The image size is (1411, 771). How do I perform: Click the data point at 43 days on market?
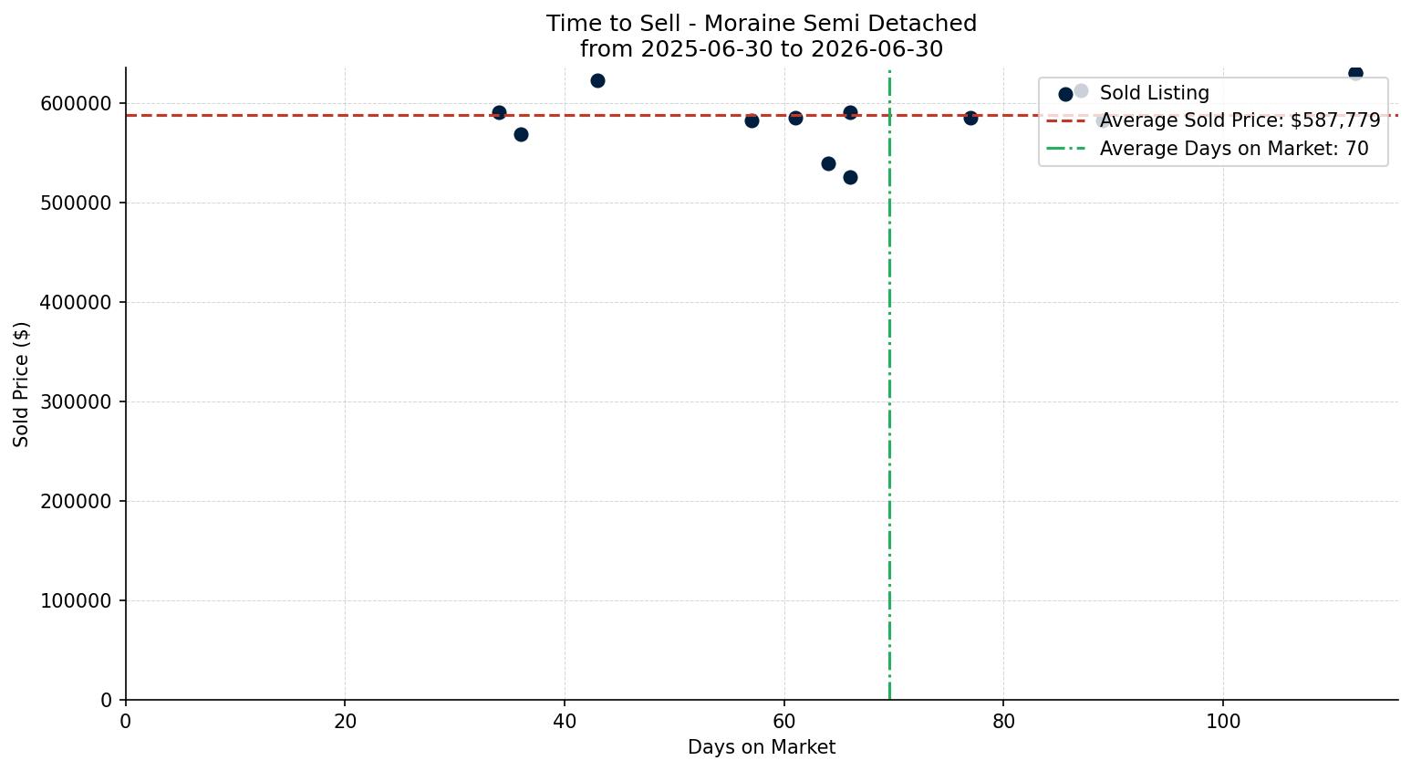[x=597, y=80]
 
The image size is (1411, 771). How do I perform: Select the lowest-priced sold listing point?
[x=850, y=178]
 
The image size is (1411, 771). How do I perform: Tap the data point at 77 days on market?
[x=970, y=118]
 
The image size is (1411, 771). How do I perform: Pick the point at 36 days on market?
[x=521, y=135]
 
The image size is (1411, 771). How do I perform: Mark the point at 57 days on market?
[x=752, y=121]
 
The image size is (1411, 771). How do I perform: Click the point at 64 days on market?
[x=828, y=163]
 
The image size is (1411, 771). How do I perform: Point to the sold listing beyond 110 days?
[x=1355, y=73]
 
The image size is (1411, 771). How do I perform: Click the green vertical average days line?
[x=889, y=385]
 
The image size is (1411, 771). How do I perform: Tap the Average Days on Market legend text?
[x=1234, y=149]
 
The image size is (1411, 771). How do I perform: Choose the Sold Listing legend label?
[x=1155, y=93]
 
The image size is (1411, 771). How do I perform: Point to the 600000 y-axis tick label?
[x=76, y=103]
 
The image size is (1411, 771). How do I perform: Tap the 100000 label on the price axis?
[x=76, y=601]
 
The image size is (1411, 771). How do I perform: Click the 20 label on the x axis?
[x=345, y=721]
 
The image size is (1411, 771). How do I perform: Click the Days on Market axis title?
[x=762, y=747]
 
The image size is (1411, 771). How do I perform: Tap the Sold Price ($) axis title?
[x=21, y=385]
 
